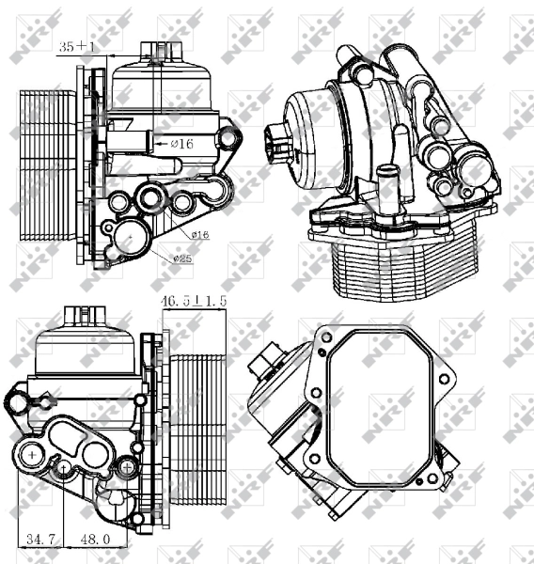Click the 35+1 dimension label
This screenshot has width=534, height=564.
tap(78, 44)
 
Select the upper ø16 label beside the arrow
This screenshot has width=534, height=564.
tap(182, 143)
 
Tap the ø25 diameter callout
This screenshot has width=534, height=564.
tap(184, 258)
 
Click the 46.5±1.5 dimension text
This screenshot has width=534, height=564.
tap(194, 301)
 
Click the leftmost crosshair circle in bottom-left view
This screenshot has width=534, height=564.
tap(33, 455)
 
